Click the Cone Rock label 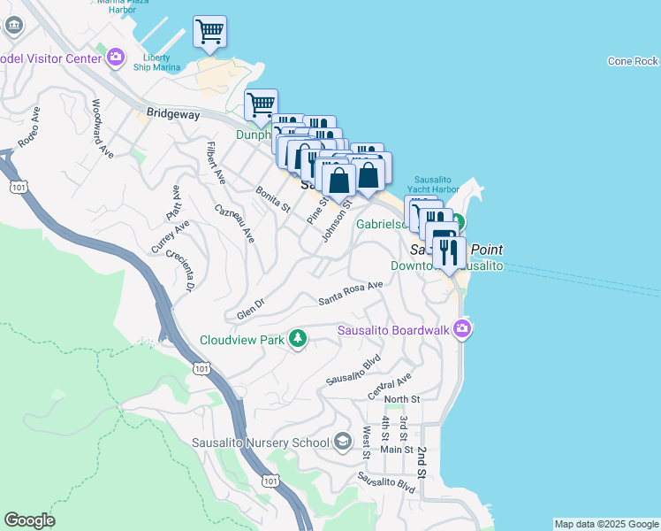click(x=633, y=61)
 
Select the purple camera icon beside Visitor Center click(x=116, y=58)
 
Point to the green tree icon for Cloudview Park click(x=299, y=338)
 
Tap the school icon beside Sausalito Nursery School click(x=344, y=442)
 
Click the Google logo click(x=29, y=520)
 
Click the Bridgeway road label click(x=174, y=114)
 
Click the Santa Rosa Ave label click(x=350, y=292)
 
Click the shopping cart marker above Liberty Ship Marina click(x=209, y=34)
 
